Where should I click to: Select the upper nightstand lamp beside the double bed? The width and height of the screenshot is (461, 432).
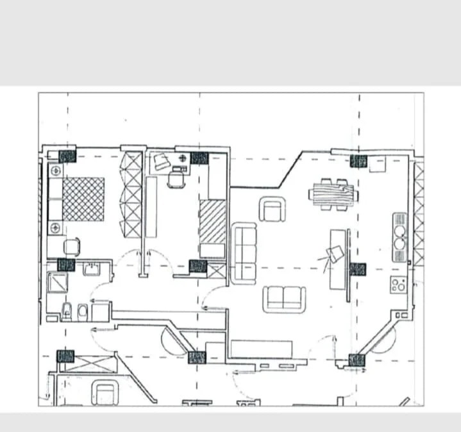(x=56, y=171)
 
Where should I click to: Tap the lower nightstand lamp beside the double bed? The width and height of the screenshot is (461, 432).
(x=56, y=228)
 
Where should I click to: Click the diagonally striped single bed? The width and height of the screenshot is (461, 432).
(x=212, y=222)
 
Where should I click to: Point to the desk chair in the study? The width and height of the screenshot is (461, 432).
(x=176, y=180)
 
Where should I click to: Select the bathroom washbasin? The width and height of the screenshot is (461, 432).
(x=92, y=269)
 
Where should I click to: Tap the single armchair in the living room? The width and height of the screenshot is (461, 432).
(x=272, y=210)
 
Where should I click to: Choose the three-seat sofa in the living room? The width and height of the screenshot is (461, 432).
(x=244, y=253)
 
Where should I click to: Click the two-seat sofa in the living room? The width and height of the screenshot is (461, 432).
(x=284, y=298)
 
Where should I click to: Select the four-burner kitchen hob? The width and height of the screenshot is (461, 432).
(x=398, y=285)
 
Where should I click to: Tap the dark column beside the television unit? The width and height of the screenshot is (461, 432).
(x=357, y=269)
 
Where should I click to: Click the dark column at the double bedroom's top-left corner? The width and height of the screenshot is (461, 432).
(x=67, y=156)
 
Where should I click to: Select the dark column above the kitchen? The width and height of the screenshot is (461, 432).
(x=358, y=161)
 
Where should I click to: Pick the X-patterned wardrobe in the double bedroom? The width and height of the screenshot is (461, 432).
(x=133, y=195)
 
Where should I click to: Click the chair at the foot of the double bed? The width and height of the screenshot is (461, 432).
(x=72, y=247)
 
